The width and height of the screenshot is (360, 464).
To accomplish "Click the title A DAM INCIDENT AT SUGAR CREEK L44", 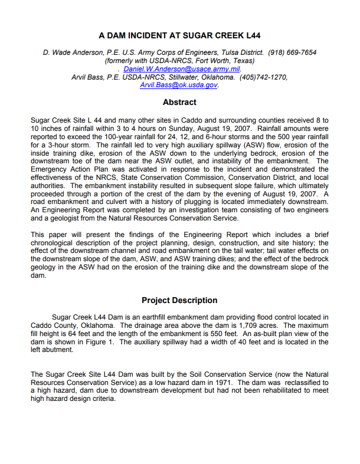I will click(179, 35).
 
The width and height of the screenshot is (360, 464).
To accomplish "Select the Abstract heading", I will click(179, 102).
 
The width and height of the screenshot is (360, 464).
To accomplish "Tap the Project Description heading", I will click(179, 300).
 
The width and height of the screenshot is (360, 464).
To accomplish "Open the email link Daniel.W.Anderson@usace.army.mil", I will click(182, 69).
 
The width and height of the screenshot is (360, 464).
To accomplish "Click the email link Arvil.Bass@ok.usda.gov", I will click(179, 85).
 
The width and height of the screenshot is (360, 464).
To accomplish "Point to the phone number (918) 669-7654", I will click(292, 52).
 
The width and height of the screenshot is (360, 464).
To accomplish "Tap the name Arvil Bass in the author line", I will click(87, 77).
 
